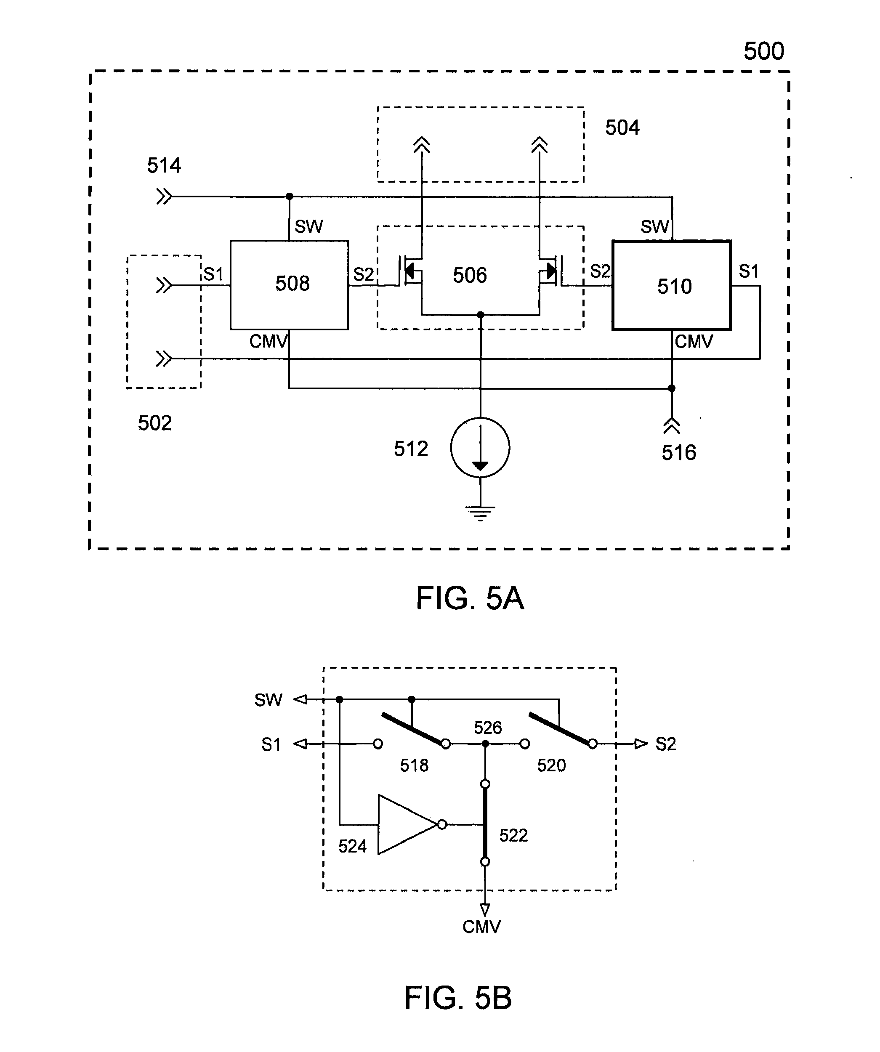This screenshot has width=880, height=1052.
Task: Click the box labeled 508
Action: [x=289, y=284]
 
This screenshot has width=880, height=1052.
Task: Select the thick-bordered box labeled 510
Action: [x=672, y=286]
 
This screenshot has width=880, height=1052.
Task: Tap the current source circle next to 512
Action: [x=480, y=447]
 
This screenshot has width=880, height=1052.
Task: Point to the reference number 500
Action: [x=763, y=51]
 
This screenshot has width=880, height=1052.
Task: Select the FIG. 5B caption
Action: [x=457, y=997]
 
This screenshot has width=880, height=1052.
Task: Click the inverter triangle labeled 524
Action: [x=406, y=825]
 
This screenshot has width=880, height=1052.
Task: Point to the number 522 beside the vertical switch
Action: [x=513, y=835]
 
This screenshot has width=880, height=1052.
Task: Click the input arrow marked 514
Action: [x=164, y=197]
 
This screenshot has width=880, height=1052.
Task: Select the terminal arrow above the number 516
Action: [x=672, y=426]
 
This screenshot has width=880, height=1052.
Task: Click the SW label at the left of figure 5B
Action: [x=268, y=700]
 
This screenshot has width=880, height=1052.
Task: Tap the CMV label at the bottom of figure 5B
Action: [x=481, y=927]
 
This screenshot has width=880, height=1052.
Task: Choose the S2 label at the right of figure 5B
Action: [x=665, y=744]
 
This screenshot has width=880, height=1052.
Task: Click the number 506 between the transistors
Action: [x=470, y=275]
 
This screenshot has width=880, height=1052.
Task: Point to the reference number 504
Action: [x=622, y=128]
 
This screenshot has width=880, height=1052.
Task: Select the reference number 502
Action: [x=154, y=423]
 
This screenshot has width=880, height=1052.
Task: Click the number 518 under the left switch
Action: [x=414, y=765]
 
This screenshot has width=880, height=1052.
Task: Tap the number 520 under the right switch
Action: [x=551, y=765]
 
